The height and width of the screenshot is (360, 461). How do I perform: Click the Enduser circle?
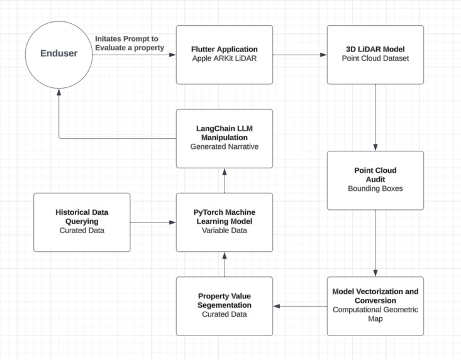60,54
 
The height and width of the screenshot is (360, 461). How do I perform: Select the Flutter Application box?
224,54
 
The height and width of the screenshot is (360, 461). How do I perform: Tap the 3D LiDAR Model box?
375,54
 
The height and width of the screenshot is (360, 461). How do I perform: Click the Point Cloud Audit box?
375,180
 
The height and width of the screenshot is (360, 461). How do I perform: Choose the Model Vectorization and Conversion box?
375,306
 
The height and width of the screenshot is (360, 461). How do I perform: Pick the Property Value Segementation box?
224,306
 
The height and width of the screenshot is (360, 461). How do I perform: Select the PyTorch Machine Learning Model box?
224,222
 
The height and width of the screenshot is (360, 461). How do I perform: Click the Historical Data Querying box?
82,222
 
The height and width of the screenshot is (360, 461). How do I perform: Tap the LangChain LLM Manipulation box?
224,138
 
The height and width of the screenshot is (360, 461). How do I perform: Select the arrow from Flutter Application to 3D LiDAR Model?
300,55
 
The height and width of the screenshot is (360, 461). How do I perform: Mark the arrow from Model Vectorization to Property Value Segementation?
300,307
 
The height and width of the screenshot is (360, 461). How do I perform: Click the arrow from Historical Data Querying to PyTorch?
153,222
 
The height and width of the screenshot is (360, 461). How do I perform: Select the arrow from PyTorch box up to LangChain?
225,180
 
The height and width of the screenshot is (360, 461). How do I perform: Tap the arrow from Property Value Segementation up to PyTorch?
225,264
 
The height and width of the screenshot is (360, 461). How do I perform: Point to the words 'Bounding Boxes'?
375,188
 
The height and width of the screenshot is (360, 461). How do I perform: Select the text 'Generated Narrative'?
224,147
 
